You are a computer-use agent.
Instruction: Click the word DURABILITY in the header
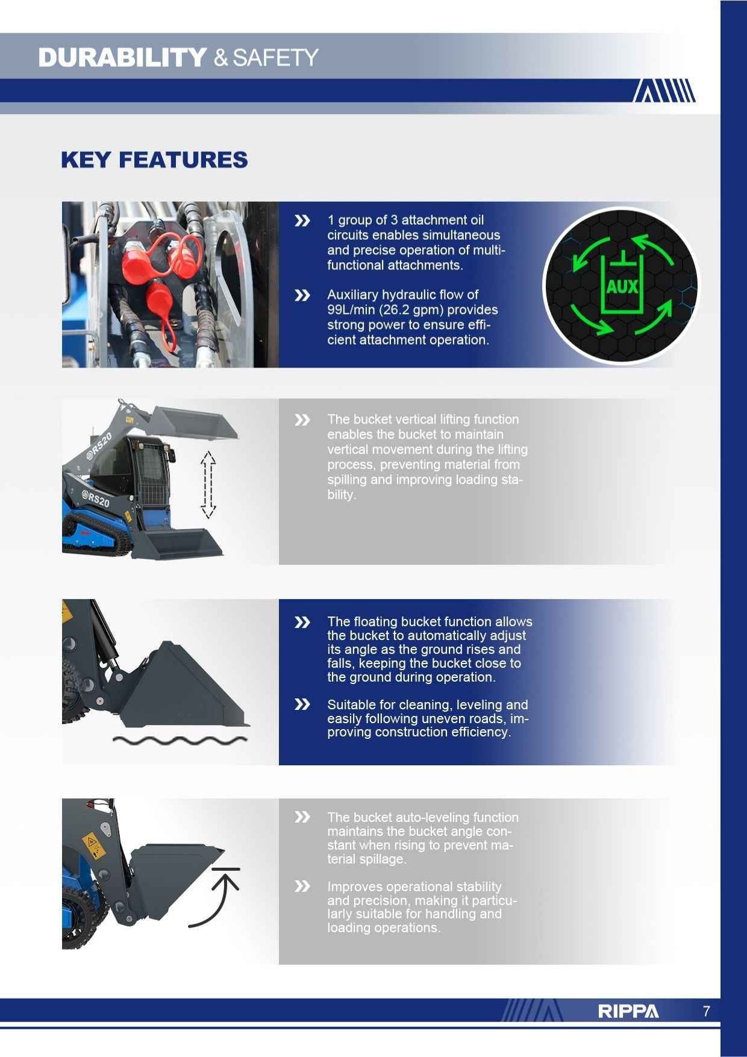[123, 58]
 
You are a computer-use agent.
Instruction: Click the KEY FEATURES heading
[154, 160]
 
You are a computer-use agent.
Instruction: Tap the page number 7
[707, 1011]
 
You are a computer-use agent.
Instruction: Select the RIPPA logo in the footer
[628, 1011]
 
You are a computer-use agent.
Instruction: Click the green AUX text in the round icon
[622, 287]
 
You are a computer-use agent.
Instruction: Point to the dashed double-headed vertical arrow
[208, 485]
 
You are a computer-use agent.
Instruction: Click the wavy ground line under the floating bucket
[180, 740]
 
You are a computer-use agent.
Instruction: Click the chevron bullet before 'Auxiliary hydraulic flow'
[302, 295]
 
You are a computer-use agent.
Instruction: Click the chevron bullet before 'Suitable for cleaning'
[302, 704]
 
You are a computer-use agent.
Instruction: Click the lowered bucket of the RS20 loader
[181, 543]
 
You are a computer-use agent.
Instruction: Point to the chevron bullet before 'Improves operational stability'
[302, 886]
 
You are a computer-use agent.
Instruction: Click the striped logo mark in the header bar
[664, 90]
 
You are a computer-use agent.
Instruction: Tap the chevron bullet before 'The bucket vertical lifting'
[302, 420]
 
